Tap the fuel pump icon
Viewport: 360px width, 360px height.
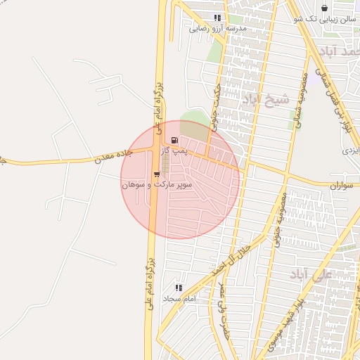point(174,140)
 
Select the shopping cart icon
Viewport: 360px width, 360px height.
point(156,174)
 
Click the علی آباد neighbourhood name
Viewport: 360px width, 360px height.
point(310,274)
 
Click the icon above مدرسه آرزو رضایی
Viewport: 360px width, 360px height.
point(217,18)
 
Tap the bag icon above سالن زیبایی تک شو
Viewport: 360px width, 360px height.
point(324,8)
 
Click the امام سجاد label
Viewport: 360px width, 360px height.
point(178,299)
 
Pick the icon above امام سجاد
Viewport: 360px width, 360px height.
point(178,288)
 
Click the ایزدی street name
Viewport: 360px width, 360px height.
point(350,150)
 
